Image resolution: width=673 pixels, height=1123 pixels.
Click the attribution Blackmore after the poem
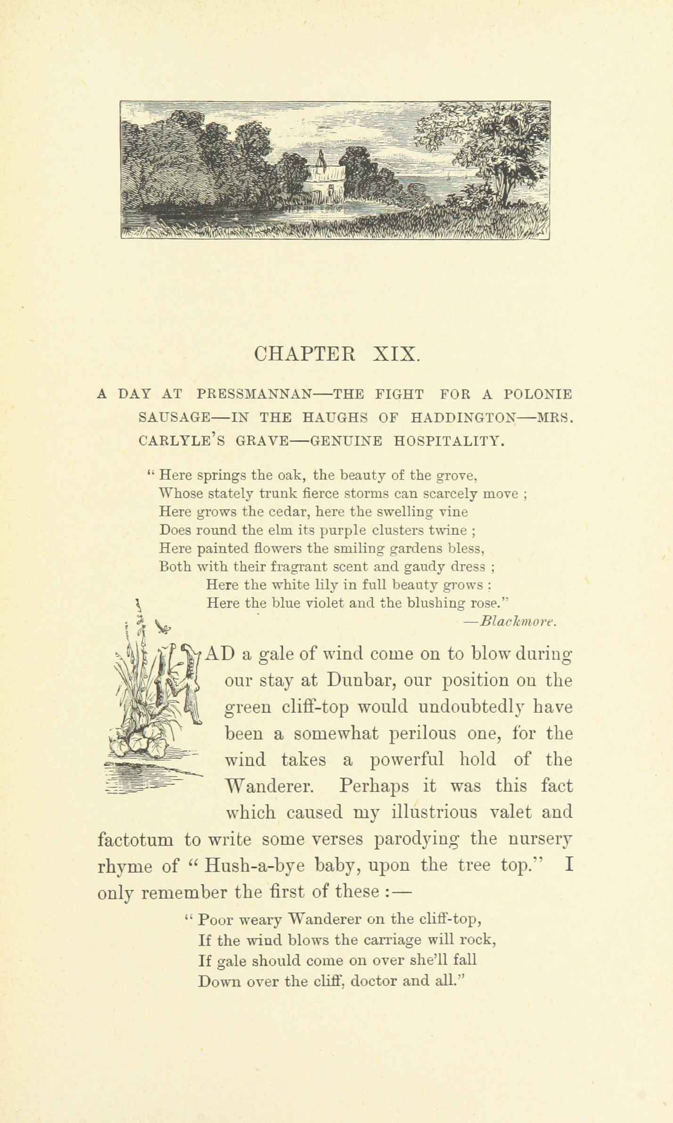[x=518, y=622]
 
